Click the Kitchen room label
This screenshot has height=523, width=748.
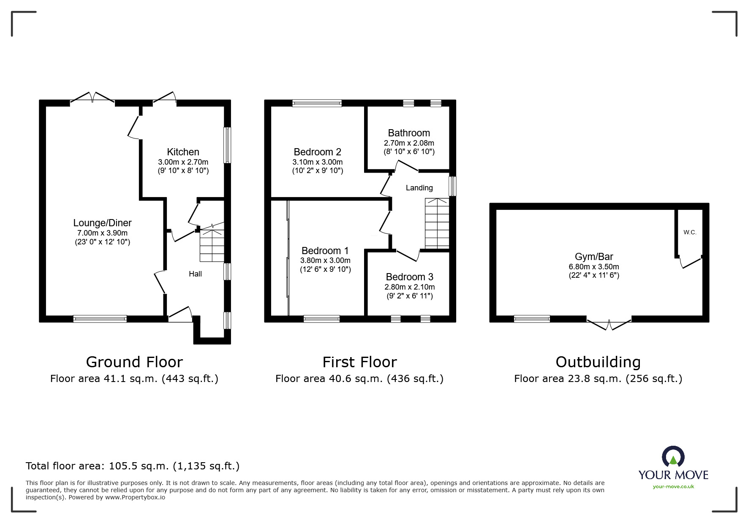[183, 152]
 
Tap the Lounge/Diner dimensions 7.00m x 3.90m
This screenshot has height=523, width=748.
[102, 233]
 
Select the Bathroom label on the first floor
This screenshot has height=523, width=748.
[409, 133]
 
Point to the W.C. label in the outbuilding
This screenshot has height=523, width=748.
[690, 233]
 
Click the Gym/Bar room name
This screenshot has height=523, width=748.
[594, 257]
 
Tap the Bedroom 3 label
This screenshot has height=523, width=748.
[409, 277]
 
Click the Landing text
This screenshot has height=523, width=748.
[419, 188]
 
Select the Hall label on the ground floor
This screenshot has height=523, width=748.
[195, 274]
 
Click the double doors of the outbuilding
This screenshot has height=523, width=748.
[609, 325]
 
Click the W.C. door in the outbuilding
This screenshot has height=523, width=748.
[691, 263]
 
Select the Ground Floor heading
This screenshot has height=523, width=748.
[134, 362]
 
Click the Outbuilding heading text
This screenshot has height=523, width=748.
[598, 362]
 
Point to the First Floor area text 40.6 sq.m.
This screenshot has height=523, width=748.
[359, 379]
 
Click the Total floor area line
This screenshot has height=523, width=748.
[133, 466]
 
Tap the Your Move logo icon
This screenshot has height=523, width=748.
[673, 457]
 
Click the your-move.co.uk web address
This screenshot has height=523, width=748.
[673, 487]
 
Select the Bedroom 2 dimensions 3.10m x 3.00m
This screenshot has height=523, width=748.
[317, 162]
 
